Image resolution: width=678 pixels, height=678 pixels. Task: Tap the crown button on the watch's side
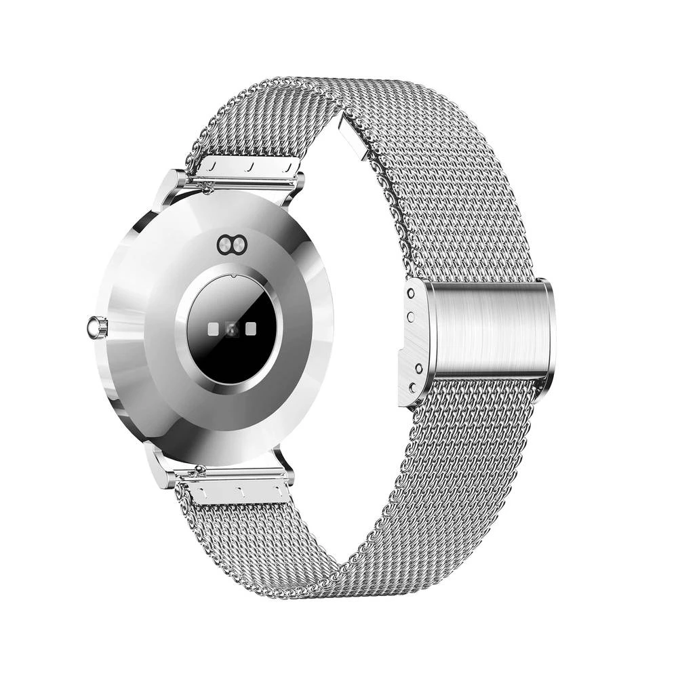(x=96, y=327)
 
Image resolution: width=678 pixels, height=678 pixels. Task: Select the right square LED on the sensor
(x=252, y=328)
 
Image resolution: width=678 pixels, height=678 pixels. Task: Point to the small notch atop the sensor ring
(x=232, y=275)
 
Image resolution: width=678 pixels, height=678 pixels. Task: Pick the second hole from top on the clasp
(x=410, y=315)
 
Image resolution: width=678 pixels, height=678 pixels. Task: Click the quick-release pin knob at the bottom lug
(x=199, y=469)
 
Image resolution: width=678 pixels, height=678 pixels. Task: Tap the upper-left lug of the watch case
(x=170, y=187)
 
